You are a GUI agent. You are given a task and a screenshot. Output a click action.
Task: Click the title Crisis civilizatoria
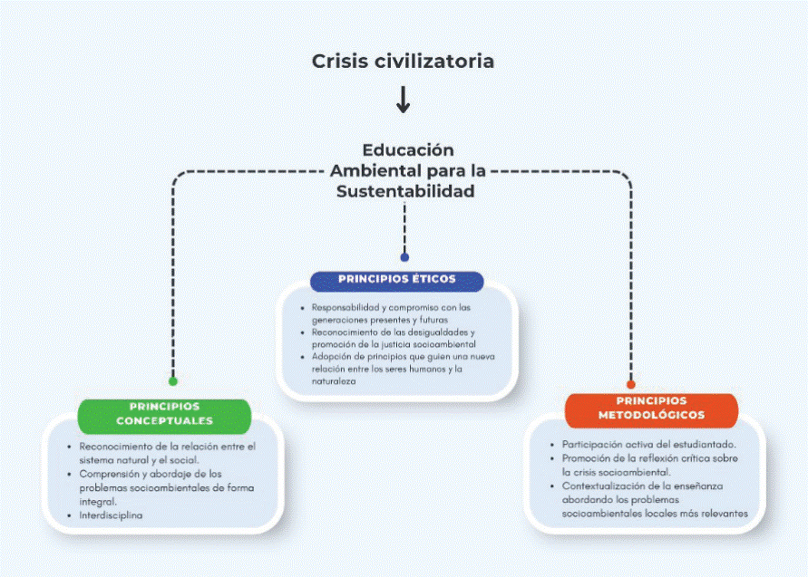point(404,62)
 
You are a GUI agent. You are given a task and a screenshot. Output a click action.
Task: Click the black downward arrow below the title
point(404,100)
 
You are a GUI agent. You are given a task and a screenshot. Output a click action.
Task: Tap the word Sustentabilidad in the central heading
point(404,191)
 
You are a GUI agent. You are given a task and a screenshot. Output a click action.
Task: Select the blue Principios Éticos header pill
point(396,279)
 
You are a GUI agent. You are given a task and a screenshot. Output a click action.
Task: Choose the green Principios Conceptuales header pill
point(164,414)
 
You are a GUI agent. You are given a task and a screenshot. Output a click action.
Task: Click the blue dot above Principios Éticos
point(404,257)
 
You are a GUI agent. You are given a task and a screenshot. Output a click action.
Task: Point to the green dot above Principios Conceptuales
point(173,380)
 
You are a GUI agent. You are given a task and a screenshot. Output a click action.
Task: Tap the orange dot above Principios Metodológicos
point(631,384)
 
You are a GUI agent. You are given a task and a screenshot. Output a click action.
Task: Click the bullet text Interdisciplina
point(111,515)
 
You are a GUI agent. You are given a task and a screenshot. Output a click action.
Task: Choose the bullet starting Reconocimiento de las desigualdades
point(392,338)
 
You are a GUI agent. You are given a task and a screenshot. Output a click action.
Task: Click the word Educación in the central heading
point(408,149)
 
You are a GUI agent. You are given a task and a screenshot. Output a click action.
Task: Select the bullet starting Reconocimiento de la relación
point(167,453)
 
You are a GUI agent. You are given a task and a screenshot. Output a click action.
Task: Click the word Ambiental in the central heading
point(371,170)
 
